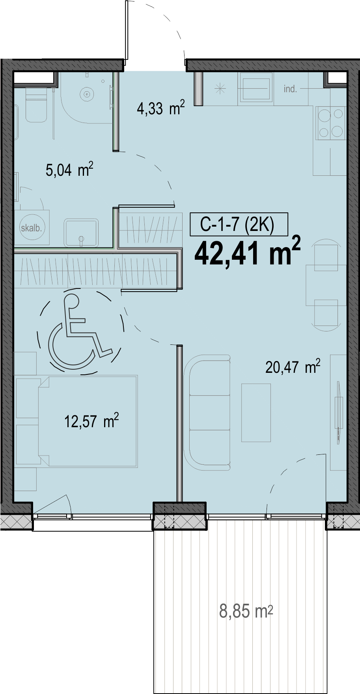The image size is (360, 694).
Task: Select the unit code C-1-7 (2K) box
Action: [239, 224]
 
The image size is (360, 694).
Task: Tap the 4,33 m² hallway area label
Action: [161, 108]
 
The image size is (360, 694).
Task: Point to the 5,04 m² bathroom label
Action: [69, 169]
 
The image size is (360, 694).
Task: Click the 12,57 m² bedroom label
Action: [91, 421]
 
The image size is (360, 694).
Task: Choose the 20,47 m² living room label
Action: [293, 367]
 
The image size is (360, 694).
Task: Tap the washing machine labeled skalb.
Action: [32, 227]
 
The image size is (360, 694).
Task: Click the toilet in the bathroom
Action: [36, 104]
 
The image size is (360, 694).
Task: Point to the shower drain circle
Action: [87, 94]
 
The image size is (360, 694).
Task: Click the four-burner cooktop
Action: [331, 123]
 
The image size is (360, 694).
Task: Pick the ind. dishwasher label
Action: [290, 89]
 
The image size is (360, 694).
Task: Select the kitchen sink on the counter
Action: [256, 88]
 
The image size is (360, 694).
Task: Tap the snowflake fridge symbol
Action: [220, 89]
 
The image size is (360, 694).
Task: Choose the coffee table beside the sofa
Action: [256, 413]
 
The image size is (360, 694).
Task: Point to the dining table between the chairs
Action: [326, 285]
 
